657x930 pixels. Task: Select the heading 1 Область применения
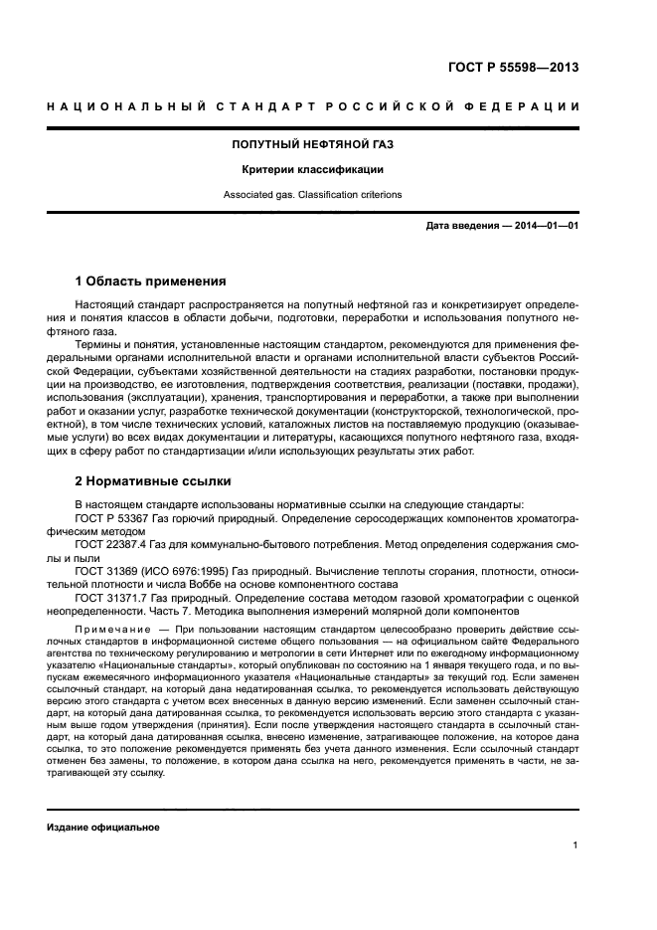pos(151,280)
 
